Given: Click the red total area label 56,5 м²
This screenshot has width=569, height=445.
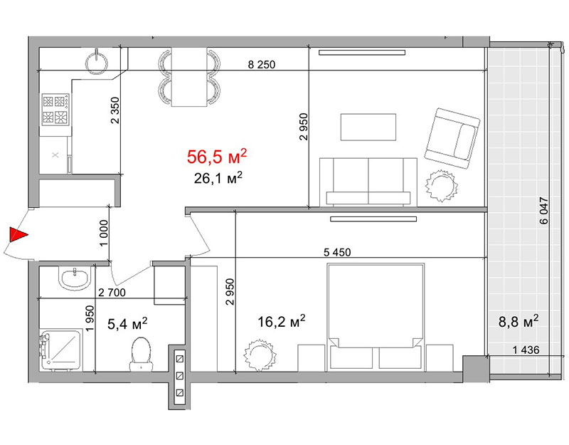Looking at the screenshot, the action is pyautogui.click(x=217, y=156).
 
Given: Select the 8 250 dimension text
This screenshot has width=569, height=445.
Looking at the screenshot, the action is pyautogui.click(x=261, y=65).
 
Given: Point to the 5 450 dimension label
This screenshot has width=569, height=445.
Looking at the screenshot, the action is pyautogui.click(x=337, y=252).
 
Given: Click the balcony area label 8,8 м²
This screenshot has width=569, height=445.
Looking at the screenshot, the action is pyautogui.click(x=519, y=321).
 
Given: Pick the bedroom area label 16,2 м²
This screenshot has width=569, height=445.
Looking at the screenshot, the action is pyautogui.click(x=281, y=321).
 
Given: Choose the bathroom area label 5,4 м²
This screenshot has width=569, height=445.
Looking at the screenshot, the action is pyautogui.click(x=127, y=323).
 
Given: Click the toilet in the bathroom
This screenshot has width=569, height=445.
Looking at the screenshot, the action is pyautogui.click(x=141, y=354).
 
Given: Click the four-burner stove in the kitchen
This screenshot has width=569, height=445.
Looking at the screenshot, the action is pyautogui.click(x=55, y=110).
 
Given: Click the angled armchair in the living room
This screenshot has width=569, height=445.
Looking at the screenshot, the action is pyautogui.click(x=452, y=138).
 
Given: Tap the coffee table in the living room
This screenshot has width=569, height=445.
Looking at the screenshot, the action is pyautogui.click(x=368, y=127).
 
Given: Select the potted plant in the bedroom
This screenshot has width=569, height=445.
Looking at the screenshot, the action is pyautogui.click(x=260, y=355).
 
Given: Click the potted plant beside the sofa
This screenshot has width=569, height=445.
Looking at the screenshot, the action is pyautogui.click(x=441, y=186).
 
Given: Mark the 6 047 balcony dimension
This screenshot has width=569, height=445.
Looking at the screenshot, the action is pyautogui.click(x=543, y=210).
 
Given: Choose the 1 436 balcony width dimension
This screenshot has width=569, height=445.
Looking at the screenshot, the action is pyautogui.click(x=526, y=350).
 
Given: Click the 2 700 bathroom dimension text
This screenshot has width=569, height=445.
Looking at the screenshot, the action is pyautogui.click(x=112, y=293).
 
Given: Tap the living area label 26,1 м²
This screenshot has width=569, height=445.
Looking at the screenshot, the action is pyautogui.click(x=218, y=178).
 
